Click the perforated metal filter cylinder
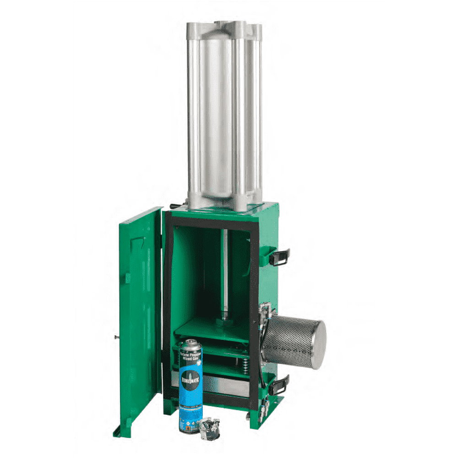(293, 336)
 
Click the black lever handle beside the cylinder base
(177, 206)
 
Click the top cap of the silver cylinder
(224, 27)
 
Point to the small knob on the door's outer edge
(114, 338)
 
